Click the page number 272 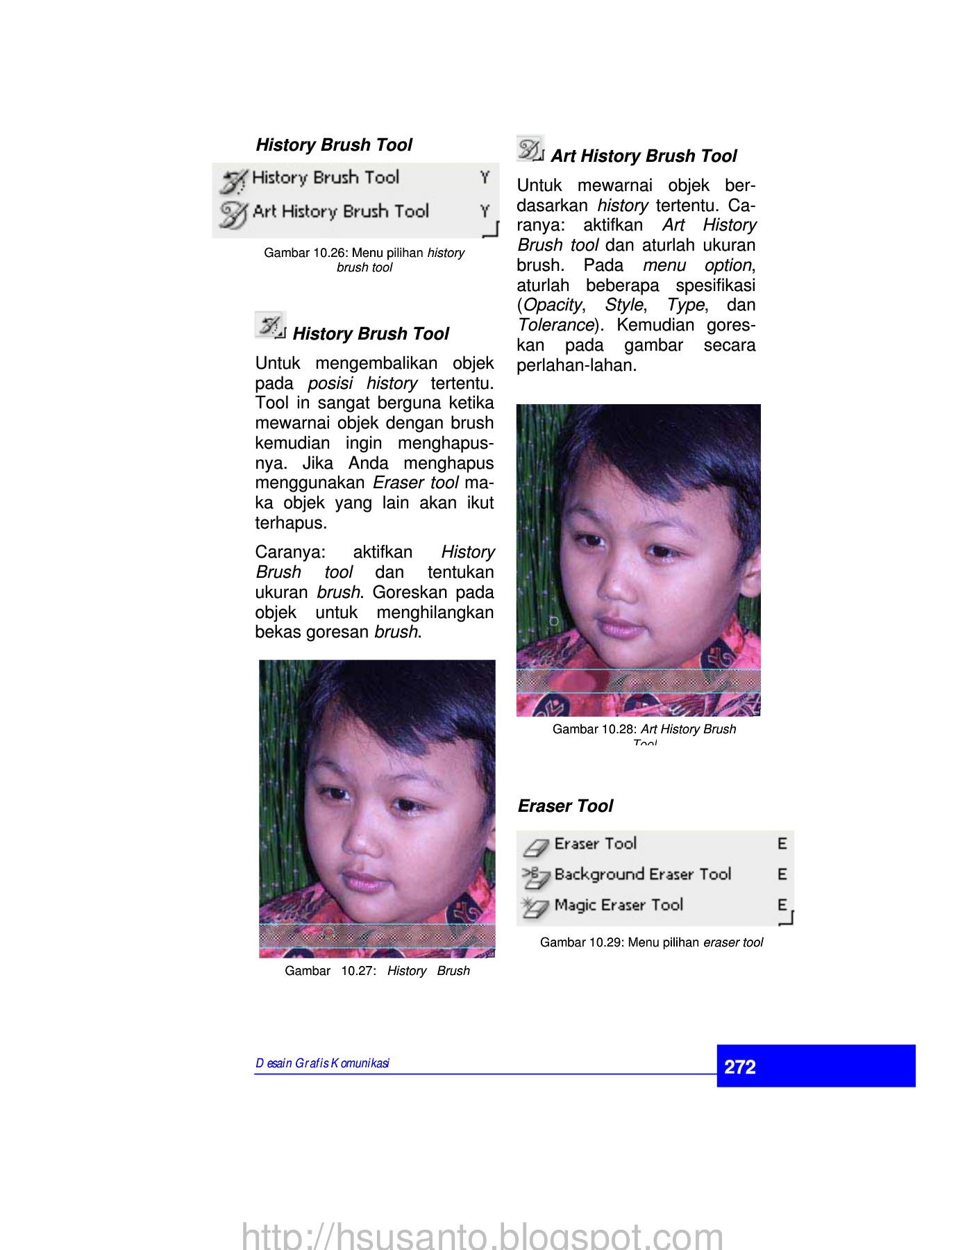[x=740, y=1067]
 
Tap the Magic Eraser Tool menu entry [x=619, y=905]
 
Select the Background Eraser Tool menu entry [x=642, y=874]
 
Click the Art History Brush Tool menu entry [x=340, y=211]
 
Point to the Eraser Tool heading [x=565, y=806]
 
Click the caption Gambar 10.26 [x=364, y=260]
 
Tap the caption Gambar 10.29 [x=651, y=942]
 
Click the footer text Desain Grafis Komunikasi [x=322, y=1063]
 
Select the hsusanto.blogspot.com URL [x=482, y=1235]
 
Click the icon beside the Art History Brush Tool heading [x=530, y=149]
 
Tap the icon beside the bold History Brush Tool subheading [x=269, y=325]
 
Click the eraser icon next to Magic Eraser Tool [x=535, y=906]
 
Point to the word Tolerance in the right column [x=556, y=325]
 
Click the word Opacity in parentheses [x=553, y=305]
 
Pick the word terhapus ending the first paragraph [x=290, y=523]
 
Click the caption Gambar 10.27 [x=377, y=971]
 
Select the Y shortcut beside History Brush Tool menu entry [x=485, y=178]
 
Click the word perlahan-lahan [x=576, y=365]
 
